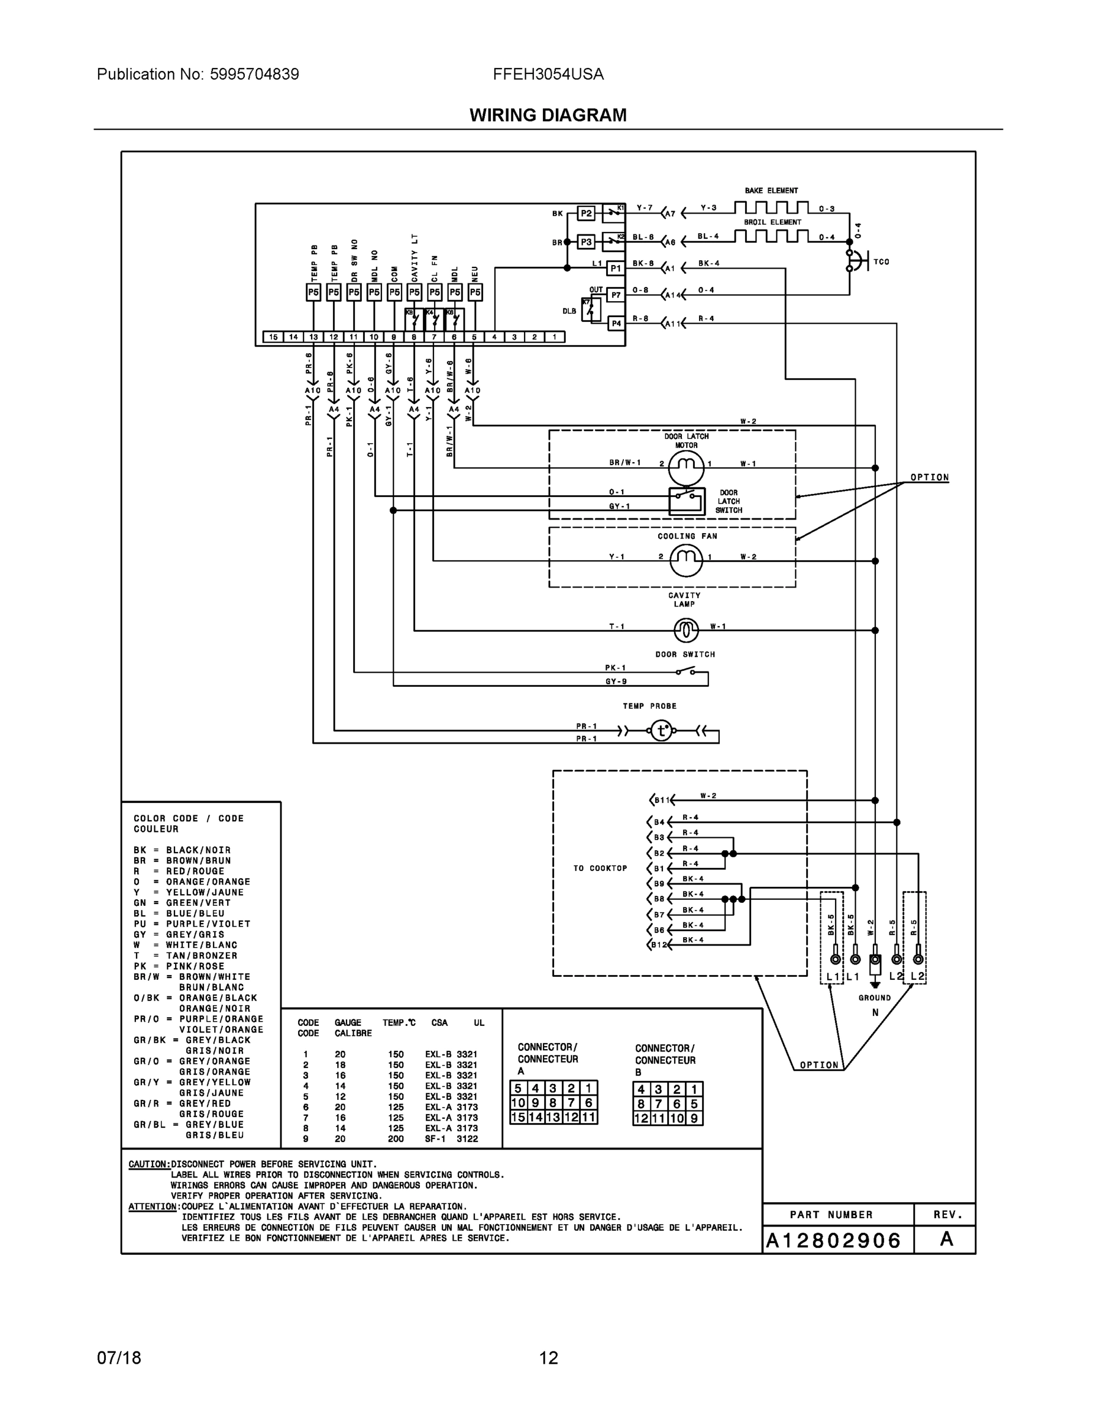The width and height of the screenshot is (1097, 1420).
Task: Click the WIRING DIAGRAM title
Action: pyautogui.click(x=548, y=115)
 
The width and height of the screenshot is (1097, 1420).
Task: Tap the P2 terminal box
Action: pyautogui.click(x=586, y=213)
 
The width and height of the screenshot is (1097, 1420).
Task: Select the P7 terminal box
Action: pyautogui.click(x=616, y=295)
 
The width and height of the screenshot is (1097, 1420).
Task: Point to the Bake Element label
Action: pyautogui.click(x=771, y=191)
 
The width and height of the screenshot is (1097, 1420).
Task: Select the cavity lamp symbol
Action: pyautogui.click(x=685, y=630)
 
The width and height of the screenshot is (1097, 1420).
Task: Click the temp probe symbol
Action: pyautogui.click(x=662, y=731)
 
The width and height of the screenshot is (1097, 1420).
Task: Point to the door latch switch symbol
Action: pyautogui.click(x=687, y=501)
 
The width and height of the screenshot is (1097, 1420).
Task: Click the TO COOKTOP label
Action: pyautogui.click(x=600, y=868)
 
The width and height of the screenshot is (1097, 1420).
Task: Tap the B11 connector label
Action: pyautogui.click(x=662, y=801)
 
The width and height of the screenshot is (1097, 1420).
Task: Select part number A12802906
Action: pyautogui.click(x=834, y=1241)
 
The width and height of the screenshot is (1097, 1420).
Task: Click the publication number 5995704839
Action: pyautogui.click(x=254, y=74)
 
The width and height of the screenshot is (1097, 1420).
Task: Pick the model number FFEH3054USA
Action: pyautogui.click(x=548, y=74)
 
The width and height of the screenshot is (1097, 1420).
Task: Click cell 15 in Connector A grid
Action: pyautogui.click(x=518, y=1117)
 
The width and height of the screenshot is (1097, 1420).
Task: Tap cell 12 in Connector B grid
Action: pyautogui.click(x=642, y=1118)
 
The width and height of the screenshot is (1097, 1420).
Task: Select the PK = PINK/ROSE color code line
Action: pyautogui.click(x=179, y=966)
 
